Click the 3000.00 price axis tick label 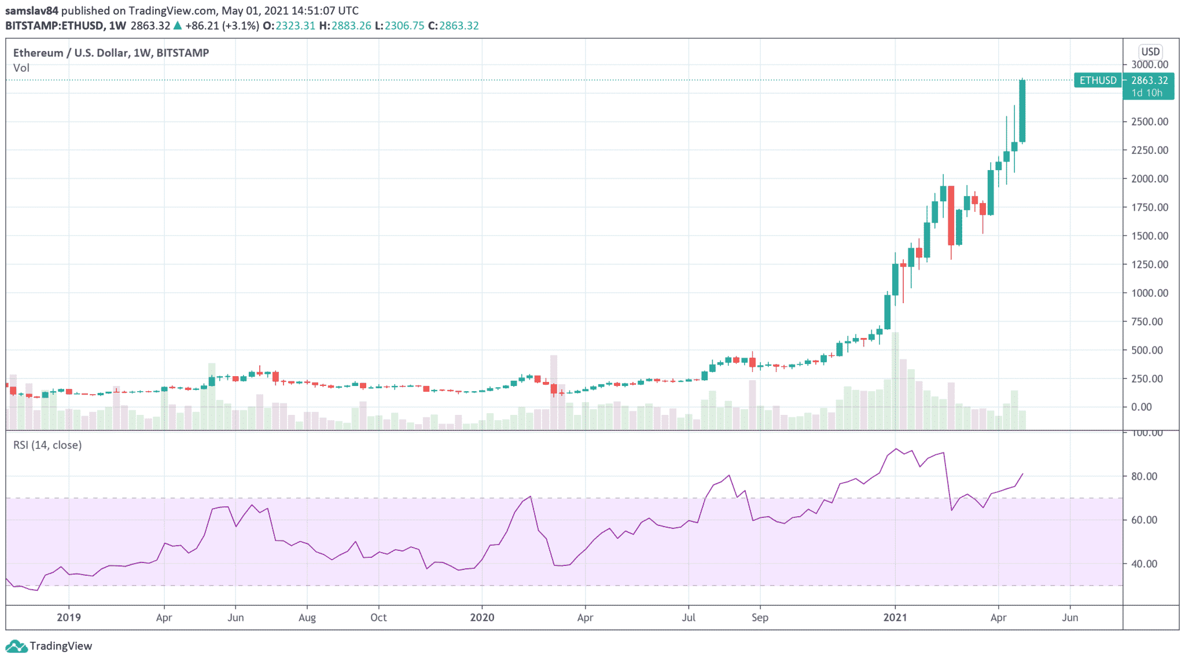tap(1149, 64)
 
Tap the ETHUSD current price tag tap(1098, 80)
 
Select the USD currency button tap(1150, 52)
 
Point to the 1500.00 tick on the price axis tap(1149, 236)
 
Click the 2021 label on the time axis tap(895, 617)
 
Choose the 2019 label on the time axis tap(68, 617)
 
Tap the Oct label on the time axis tap(378, 617)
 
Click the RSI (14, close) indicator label tap(47, 445)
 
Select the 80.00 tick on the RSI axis tap(1144, 476)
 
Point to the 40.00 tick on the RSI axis tap(1144, 564)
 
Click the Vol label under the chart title tap(21, 68)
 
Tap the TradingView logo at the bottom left tap(49, 646)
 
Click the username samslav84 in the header tap(32, 10)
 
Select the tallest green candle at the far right tap(1022, 111)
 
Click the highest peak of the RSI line tap(896, 448)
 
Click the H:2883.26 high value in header tap(345, 25)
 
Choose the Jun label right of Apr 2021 tap(1070, 617)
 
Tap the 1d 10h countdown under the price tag tap(1147, 93)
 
